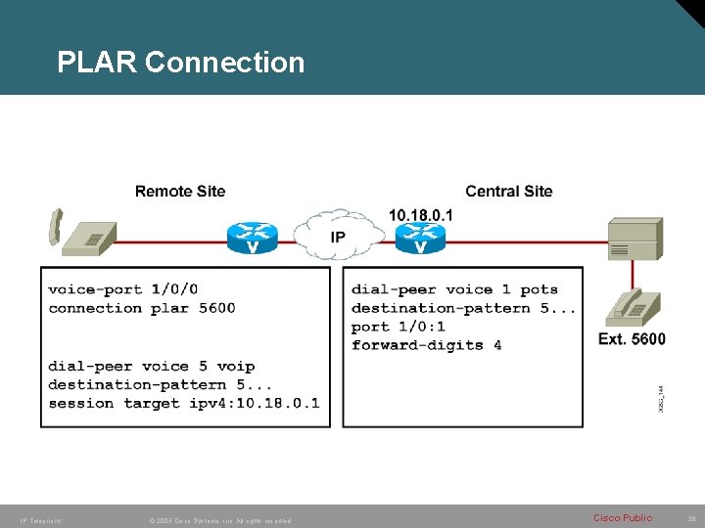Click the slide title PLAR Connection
(181, 63)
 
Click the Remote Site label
(180, 192)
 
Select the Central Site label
(508, 192)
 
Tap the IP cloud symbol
(338, 237)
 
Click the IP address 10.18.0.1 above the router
(421, 214)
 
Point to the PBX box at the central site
(634, 239)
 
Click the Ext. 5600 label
(632, 339)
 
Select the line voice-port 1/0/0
(122, 289)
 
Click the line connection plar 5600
(142, 308)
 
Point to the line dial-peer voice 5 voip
(151, 367)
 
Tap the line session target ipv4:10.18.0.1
(183, 403)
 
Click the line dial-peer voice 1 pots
(454, 289)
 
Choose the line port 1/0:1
(398, 327)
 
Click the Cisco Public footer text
(622, 517)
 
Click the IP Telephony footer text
(40, 520)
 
